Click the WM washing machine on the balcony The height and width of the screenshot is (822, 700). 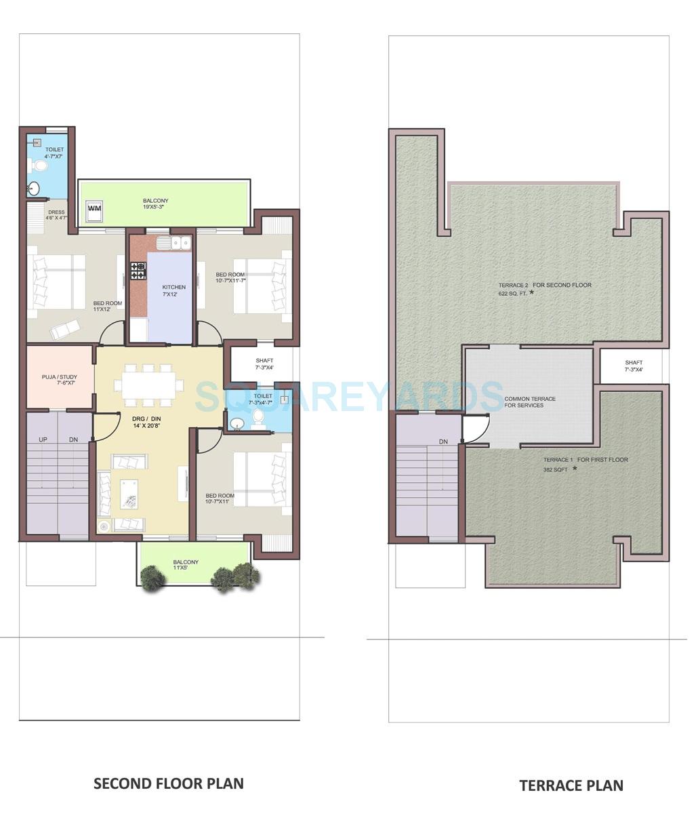(94, 208)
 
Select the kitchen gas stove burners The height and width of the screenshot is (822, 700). (138, 270)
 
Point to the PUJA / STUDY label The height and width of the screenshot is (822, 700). (59, 380)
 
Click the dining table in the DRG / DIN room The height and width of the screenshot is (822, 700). (148, 385)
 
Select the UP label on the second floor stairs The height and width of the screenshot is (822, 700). (43, 439)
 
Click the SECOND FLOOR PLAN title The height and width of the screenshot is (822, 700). (168, 783)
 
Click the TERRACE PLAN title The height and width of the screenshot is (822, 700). (571, 785)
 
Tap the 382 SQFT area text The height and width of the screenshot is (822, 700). (554, 469)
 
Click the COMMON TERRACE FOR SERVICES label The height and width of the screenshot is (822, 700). (529, 402)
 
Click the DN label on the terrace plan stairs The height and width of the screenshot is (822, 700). (443, 442)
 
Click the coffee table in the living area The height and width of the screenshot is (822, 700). (129, 493)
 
